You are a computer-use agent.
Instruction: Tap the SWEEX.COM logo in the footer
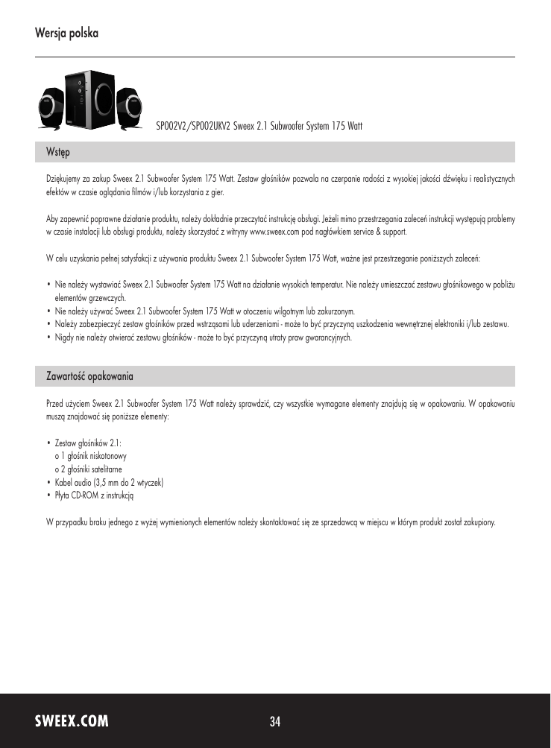pyautogui.click(x=72, y=721)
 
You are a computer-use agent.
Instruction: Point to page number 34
pyautogui.click(x=275, y=721)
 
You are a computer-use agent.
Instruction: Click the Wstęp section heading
pyautogui.click(x=58, y=152)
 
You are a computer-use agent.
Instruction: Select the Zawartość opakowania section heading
pyautogui.click(x=89, y=376)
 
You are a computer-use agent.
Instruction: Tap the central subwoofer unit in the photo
pyautogui.click(x=88, y=100)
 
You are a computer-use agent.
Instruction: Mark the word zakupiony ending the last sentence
pyautogui.click(x=478, y=520)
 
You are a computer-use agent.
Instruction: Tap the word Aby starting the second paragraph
pyautogui.click(x=52, y=219)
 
